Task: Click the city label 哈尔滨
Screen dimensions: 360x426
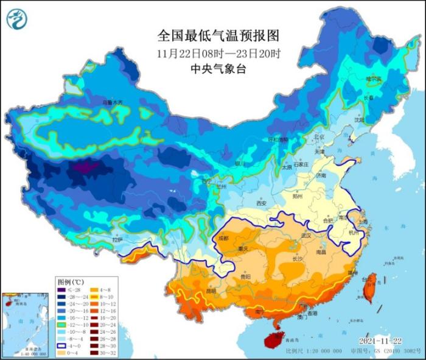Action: [373, 79]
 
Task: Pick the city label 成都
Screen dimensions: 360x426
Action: [223, 238]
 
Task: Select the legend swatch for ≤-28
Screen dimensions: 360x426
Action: [62, 291]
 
